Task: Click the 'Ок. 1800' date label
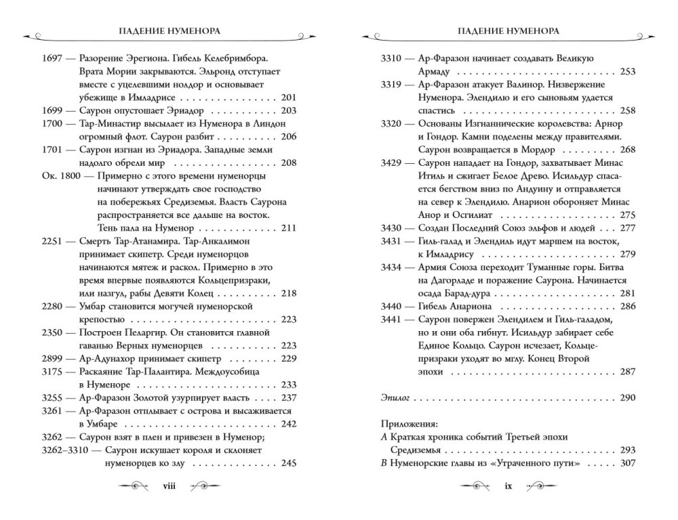[58, 175]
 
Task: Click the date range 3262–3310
[66, 450]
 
